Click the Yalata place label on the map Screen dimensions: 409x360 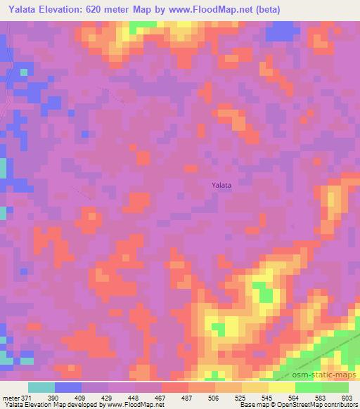coord(221,185)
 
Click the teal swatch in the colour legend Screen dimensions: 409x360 coord(41,387)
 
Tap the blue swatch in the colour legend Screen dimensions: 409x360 coord(68,387)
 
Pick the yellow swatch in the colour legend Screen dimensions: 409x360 coord(282,387)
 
